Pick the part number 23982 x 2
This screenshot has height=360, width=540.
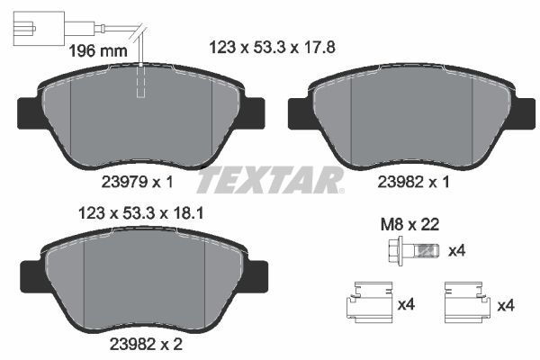click(x=140, y=343)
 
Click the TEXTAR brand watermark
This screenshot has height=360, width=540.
click(x=270, y=180)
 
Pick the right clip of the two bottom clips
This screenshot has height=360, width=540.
click(x=467, y=301)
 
